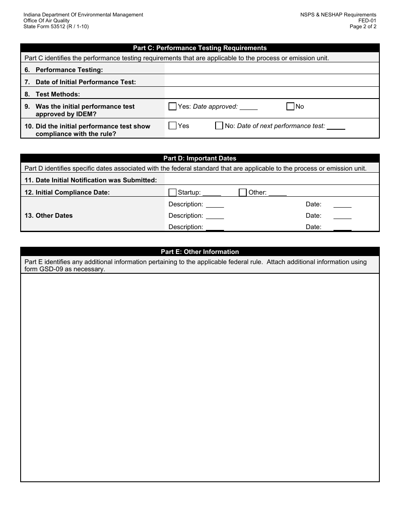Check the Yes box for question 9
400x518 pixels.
(172, 107)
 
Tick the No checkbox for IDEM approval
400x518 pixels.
(290, 107)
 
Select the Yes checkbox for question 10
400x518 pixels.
(172, 125)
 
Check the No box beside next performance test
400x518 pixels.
(219, 125)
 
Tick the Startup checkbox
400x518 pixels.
(172, 192)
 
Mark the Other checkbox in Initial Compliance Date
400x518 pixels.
(243, 192)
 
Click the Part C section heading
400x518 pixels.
(200, 48)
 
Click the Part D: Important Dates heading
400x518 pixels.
(200, 158)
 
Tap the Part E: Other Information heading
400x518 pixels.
(200, 252)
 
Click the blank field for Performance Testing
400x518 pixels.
(272, 69)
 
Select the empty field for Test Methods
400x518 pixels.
(272, 93)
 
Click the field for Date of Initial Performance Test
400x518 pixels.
(272, 82)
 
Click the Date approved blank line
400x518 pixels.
(248, 107)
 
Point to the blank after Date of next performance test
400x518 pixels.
(336, 127)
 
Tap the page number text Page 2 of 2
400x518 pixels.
(363, 27)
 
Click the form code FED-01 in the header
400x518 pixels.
(367, 21)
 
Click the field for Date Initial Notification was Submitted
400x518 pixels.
(272, 180)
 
